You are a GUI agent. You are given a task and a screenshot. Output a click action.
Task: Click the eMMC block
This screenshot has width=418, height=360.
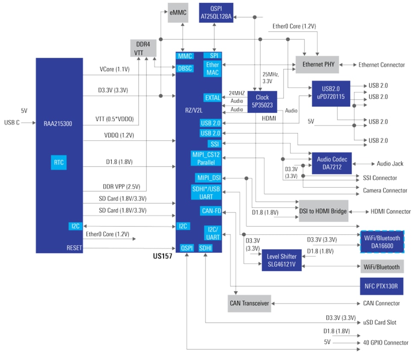click(x=178, y=13)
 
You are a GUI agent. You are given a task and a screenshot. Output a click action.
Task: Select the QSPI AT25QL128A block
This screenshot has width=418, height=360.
click(x=216, y=13)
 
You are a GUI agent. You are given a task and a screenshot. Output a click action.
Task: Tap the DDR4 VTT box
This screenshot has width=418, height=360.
click(x=143, y=48)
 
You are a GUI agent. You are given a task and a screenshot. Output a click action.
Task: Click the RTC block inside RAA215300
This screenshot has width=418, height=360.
click(x=59, y=163)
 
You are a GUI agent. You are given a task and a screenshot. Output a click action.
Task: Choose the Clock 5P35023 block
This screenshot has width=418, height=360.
click(x=262, y=101)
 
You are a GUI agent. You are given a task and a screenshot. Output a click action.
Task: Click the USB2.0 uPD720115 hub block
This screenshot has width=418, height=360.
click(x=331, y=92)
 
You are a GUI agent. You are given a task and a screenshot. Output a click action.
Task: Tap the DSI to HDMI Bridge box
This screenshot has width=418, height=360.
click(x=323, y=211)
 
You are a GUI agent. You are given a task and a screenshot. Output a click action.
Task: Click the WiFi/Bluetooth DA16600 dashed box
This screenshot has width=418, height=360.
click(x=382, y=242)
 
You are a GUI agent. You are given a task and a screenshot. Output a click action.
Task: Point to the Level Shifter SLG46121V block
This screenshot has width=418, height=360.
click(x=281, y=260)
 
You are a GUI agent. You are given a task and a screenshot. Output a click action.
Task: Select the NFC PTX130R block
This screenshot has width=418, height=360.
click(x=382, y=286)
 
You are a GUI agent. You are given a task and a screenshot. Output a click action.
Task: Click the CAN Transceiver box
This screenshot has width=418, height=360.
click(x=249, y=303)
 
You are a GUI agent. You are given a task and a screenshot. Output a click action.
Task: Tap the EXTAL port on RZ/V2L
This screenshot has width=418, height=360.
click(x=212, y=98)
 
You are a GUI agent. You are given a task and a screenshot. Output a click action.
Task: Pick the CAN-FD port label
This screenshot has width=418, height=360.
click(x=211, y=211)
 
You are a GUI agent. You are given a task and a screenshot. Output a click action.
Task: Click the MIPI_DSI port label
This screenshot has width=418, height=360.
click(x=209, y=178)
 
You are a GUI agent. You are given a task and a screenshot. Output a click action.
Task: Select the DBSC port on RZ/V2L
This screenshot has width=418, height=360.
click(x=185, y=68)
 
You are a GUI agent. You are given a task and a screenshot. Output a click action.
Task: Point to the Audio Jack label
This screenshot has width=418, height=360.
click(x=390, y=164)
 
